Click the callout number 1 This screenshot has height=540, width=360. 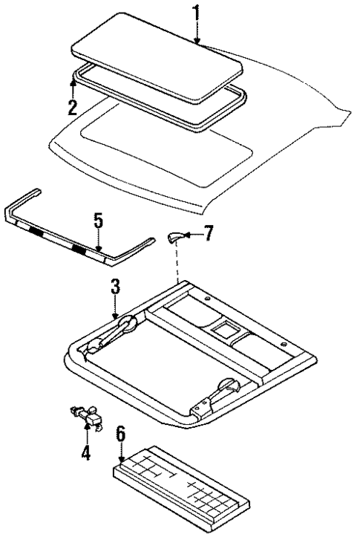pyautogui.click(x=196, y=13)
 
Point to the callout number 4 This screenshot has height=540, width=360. pyautogui.click(x=86, y=452)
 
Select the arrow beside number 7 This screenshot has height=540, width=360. pyautogui.click(x=190, y=235)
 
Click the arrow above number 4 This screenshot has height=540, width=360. pyautogui.click(x=86, y=435)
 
